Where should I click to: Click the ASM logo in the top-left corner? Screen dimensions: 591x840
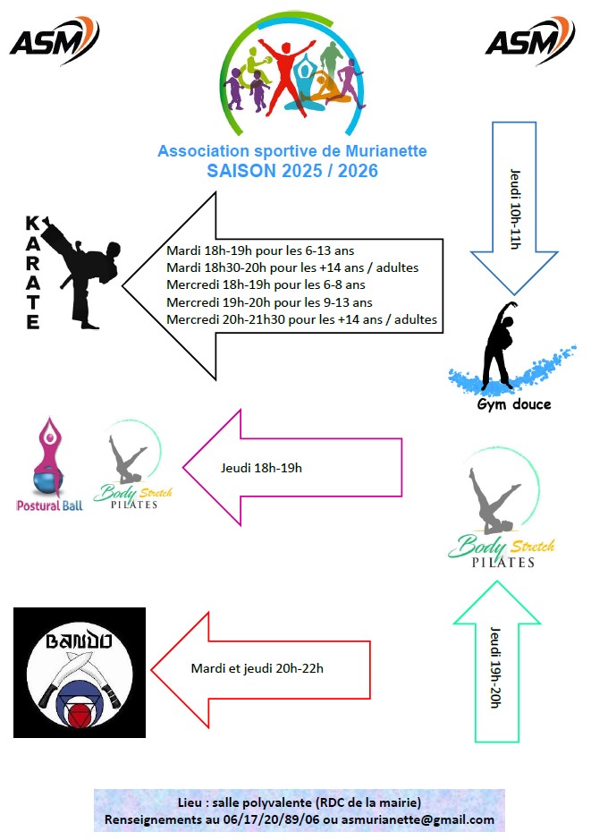click(x=55, y=40)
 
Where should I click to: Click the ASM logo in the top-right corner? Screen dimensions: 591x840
click(x=530, y=40)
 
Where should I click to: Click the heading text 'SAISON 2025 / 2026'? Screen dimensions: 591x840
click(x=292, y=171)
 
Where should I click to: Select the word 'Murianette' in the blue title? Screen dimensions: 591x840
click(x=386, y=151)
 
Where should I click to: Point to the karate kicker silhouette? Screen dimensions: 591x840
click(x=81, y=272)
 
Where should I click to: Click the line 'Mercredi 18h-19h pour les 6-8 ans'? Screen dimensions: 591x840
click(x=266, y=284)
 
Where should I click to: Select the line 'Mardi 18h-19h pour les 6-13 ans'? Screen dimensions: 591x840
click(x=260, y=250)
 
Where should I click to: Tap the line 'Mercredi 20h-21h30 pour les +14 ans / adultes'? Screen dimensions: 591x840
click(x=301, y=320)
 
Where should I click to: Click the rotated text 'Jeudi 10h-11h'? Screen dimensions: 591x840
click(x=515, y=209)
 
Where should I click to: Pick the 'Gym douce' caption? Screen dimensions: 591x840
click(x=514, y=404)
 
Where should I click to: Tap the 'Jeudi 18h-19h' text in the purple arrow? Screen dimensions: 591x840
click(x=261, y=468)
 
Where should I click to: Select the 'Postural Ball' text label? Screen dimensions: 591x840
click(x=50, y=505)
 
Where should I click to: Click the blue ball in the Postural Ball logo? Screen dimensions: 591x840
click(x=47, y=483)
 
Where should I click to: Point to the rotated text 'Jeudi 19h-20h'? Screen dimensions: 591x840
click(x=495, y=667)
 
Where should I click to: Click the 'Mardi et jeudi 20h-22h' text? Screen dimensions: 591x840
click(x=257, y=668)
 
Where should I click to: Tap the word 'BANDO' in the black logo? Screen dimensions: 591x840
click(x=79, y=641)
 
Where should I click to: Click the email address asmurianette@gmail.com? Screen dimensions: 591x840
click(x=418, y=819)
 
